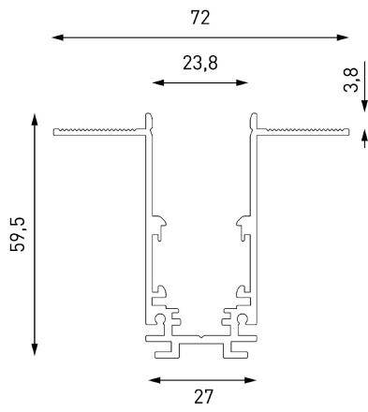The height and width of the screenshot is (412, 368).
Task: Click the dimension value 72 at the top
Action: click(x=200, y=18)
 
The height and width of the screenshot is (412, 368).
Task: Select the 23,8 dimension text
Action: click(x=200, y=63)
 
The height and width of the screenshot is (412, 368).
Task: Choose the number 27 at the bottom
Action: click(x=202, y=397)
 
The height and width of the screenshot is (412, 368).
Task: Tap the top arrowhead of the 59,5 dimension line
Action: click(x=35, y=119)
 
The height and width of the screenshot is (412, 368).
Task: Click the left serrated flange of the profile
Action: click(x=98, y=129)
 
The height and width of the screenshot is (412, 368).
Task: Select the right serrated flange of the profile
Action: click(x=302, y=129)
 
